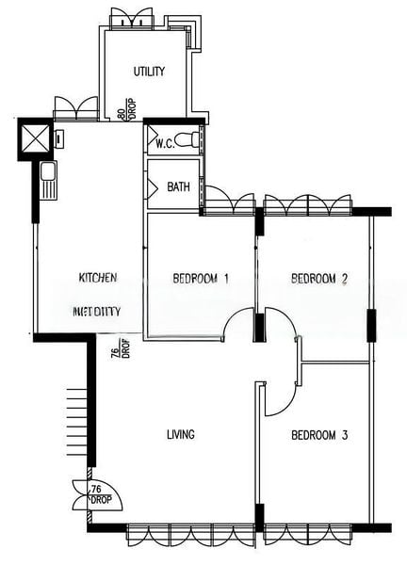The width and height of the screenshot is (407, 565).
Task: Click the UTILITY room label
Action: click(x=150, y=72)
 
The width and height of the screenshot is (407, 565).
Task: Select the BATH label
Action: click(x=178, y=186)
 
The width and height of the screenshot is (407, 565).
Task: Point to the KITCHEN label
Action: click(x=97, y=278)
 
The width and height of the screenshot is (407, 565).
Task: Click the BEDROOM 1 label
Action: click(x=201, y=279)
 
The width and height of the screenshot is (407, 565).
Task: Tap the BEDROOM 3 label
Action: click(x=319, y=435)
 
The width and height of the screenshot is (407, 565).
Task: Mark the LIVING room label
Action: click(x=180, y=435)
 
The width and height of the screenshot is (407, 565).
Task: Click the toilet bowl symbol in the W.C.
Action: click(x=190, y=140)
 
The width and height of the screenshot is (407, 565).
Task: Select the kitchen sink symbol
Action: click(x=47, y=178)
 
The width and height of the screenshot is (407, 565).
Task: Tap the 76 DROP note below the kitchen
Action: click(x=114, y=359)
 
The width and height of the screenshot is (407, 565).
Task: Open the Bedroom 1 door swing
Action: click(x=238, y=326)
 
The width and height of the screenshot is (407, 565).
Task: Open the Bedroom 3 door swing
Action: click(x=279, y=399)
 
